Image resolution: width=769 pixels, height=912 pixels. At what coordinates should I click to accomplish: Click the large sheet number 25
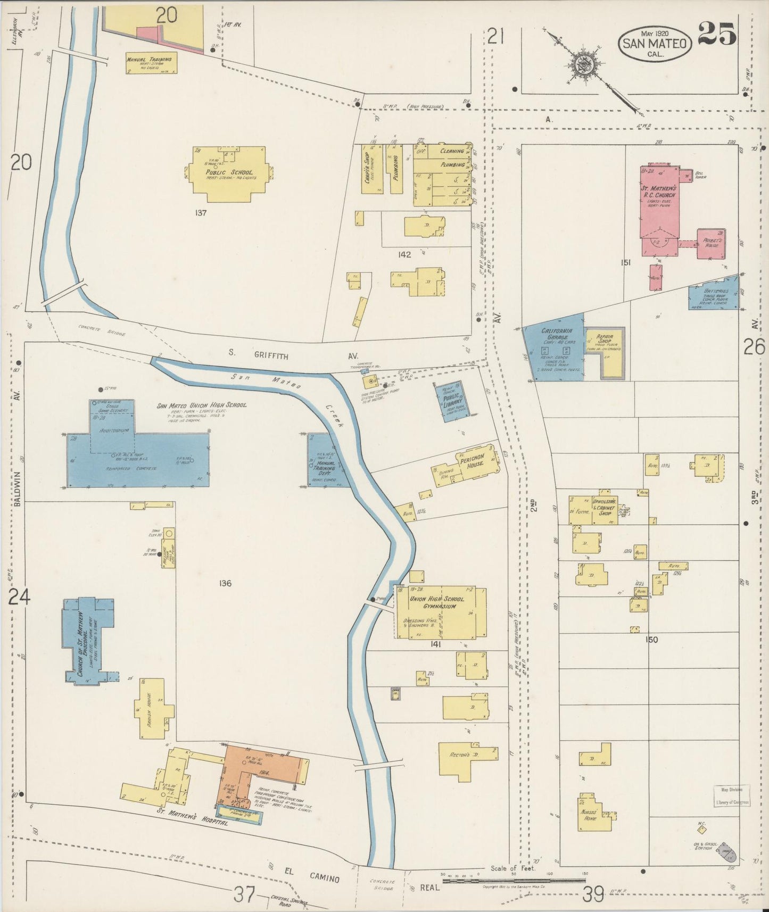717,34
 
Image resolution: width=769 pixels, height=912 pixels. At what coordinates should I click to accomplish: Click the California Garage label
557,334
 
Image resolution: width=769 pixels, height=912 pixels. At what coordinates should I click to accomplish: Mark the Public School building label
229,172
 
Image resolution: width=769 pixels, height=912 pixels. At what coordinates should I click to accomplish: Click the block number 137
201,213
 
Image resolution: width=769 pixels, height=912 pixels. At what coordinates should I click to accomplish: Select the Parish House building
154,709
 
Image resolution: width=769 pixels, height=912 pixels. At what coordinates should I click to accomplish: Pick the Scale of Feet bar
514,880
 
